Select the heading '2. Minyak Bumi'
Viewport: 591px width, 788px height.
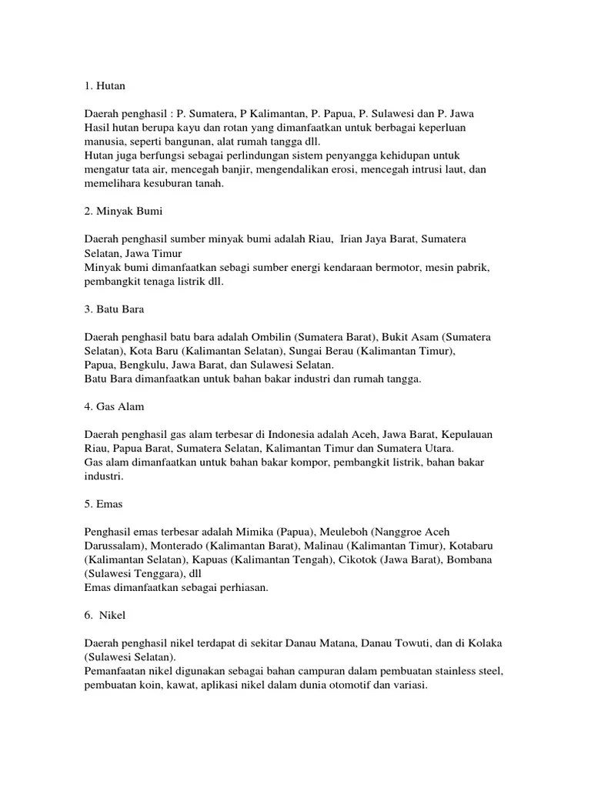(x=123, y=211)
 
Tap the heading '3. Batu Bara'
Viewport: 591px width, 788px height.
(x=115, y=309)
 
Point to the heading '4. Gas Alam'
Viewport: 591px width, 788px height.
(x=115, y=406)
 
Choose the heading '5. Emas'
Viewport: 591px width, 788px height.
(x=104, y=504)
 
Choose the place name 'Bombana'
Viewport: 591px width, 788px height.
(x=469, y=559)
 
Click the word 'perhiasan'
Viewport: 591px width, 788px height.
(x=235, y=587)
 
